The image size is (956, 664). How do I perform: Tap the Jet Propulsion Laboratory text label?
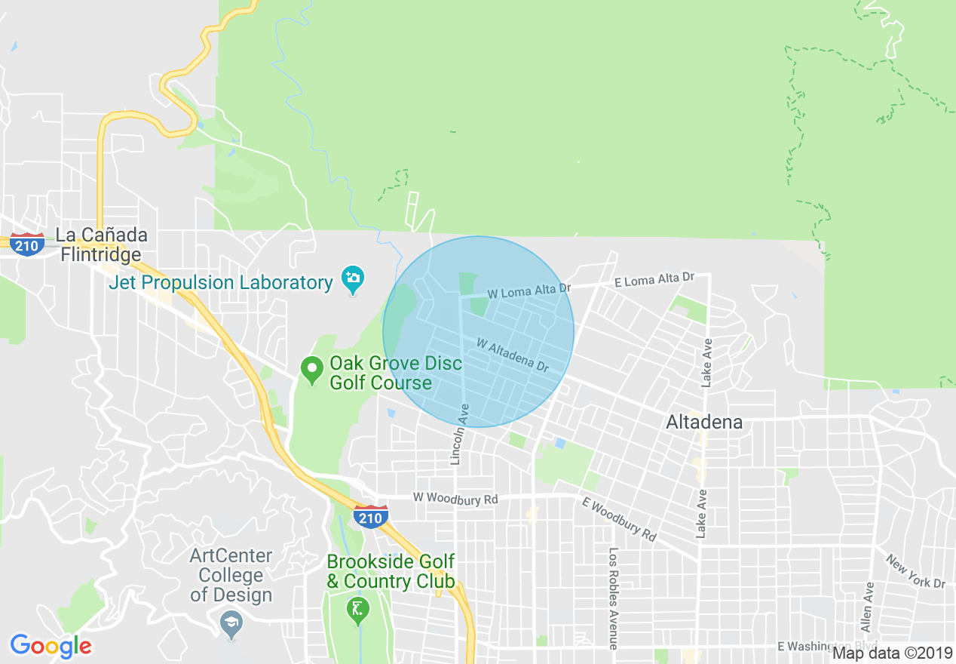pos(220,283)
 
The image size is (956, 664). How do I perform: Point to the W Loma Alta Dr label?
pos(529,291)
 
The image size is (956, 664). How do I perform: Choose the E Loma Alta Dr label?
pos(654,279)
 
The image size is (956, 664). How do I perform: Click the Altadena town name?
pos(704,423)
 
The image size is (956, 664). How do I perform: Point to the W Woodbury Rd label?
pos(455,499)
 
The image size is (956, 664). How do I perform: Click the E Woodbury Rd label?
pos(618,518)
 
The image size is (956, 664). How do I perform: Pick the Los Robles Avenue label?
pos(613,598)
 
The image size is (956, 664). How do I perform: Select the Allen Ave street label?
pos(867,607)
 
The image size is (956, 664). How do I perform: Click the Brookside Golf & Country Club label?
pos(391,571)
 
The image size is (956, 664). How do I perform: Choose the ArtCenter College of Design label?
pos(231,575)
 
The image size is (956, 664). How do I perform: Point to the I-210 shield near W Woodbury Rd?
pos(370,518)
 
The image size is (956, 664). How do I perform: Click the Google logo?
pos(51,646)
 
